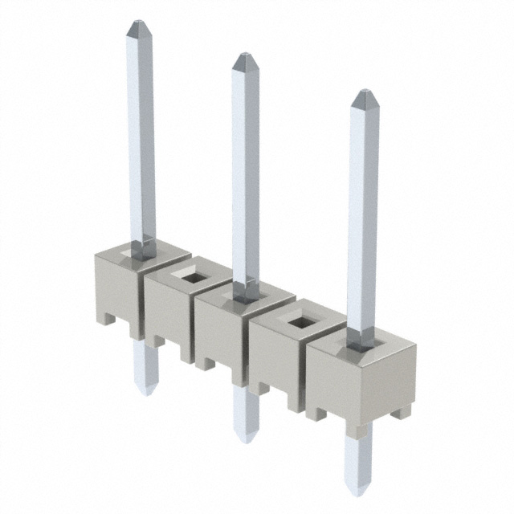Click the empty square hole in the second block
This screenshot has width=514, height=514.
click(x=193, y=277)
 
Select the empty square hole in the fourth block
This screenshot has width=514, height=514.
click(x=301, y=323)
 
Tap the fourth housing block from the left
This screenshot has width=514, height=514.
click(x=277, y=361)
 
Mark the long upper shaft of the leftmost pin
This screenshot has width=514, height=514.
click(x=141, y=137)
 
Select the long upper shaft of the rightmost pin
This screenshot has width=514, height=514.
click(x=362, y=217)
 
